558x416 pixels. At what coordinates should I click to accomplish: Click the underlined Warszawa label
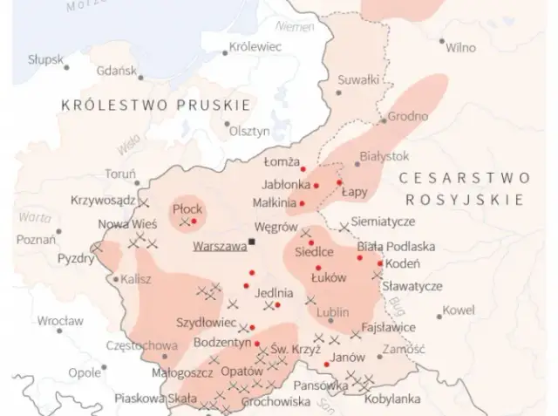220,247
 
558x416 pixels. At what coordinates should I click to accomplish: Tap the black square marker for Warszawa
252,242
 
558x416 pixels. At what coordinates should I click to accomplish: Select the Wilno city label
460,47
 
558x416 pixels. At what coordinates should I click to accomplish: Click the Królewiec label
254,47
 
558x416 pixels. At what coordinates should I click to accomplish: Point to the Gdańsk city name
116,71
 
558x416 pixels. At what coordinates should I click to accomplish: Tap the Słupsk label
44,59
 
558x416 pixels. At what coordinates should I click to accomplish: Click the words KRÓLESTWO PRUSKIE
155,105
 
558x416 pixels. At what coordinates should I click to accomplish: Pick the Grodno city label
408,116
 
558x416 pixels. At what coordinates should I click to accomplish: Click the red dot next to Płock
194,221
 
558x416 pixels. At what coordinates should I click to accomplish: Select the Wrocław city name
60,321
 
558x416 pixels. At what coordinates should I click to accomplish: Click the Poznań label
36,239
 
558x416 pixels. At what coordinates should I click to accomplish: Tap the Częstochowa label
140,345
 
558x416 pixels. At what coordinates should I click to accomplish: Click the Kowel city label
459,310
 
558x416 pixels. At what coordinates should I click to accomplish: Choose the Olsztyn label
249,131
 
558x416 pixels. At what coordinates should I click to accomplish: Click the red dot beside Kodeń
380,263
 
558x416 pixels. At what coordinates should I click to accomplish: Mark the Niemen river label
299,27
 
